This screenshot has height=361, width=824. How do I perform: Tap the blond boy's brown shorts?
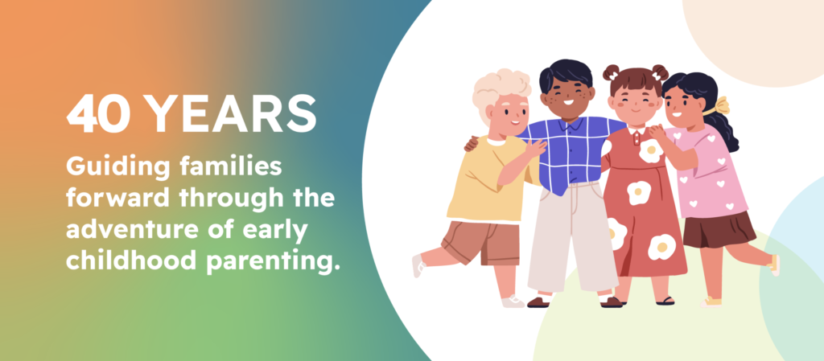click(481, 243)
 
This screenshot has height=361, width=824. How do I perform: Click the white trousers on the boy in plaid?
click(572, 236)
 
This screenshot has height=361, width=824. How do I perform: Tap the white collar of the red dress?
click(637, 130)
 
